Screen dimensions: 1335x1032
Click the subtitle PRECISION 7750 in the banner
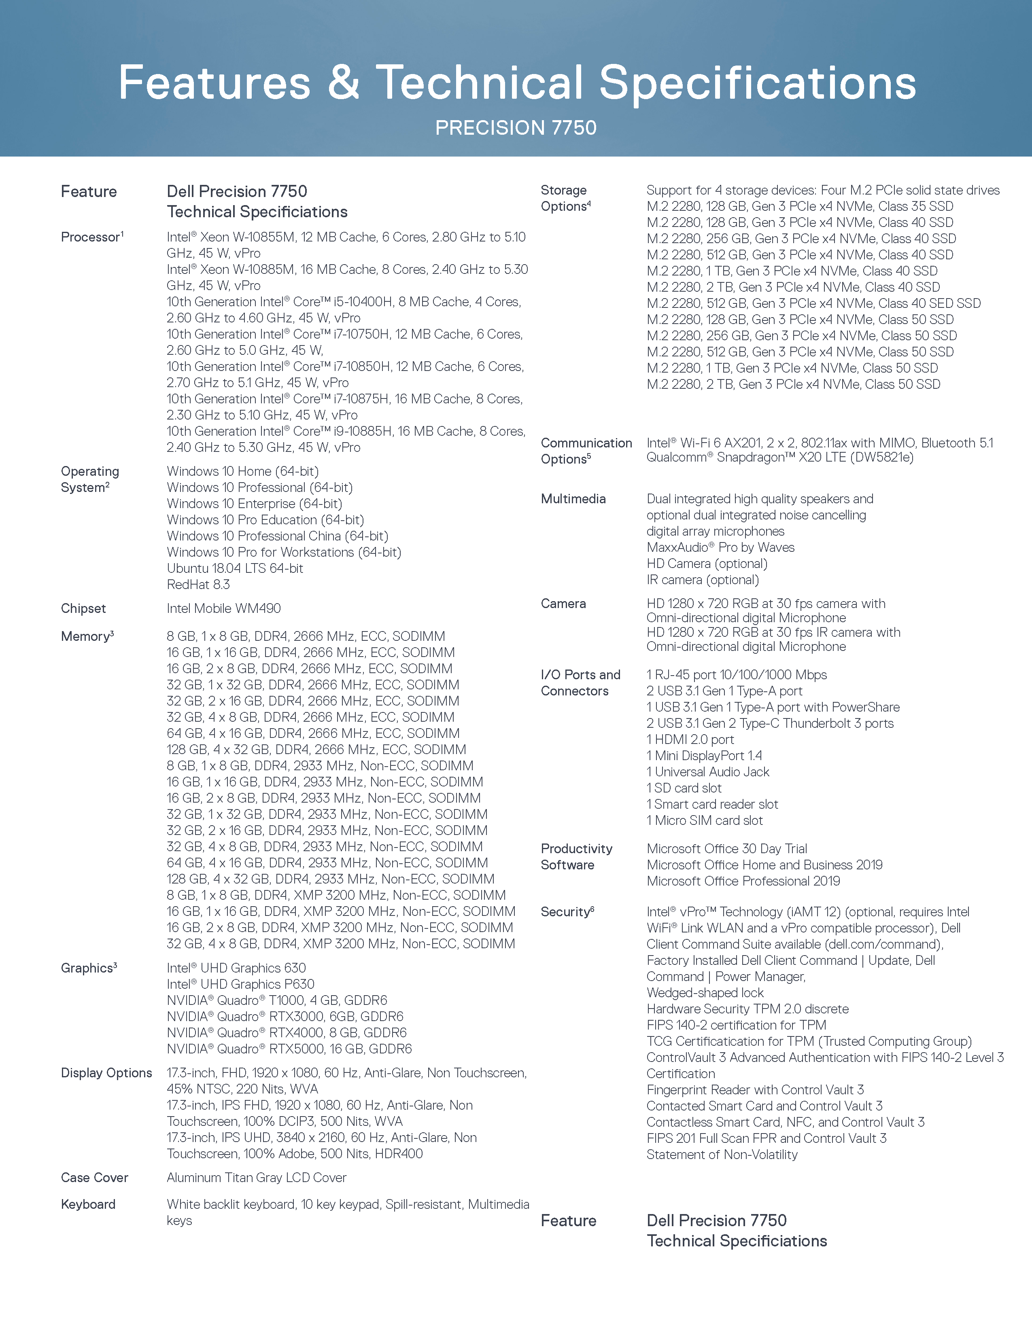coord(515,128)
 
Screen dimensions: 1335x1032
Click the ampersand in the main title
coord(343,83)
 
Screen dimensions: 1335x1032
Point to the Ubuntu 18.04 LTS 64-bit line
coord(235,568)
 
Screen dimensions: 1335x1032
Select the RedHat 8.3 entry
coord(198,585)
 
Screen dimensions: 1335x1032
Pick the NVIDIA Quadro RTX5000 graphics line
coord(289,1049)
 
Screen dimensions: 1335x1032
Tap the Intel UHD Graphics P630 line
coord(240,984)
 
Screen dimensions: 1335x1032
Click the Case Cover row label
coord(94,1178)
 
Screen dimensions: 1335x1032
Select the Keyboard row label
coord(88,1204)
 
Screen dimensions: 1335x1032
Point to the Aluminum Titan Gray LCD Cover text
coord(256,1178)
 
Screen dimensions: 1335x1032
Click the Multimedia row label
coord(573,499)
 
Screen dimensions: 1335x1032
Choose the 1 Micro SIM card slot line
coord(704,820)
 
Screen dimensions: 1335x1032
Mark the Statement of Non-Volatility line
coord(722,1155)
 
